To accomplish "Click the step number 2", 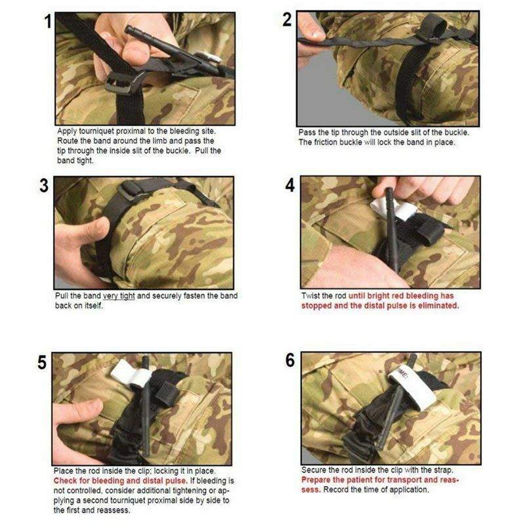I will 287,20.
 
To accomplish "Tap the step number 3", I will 45,186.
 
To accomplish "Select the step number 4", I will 290,185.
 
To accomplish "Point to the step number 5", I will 43,362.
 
